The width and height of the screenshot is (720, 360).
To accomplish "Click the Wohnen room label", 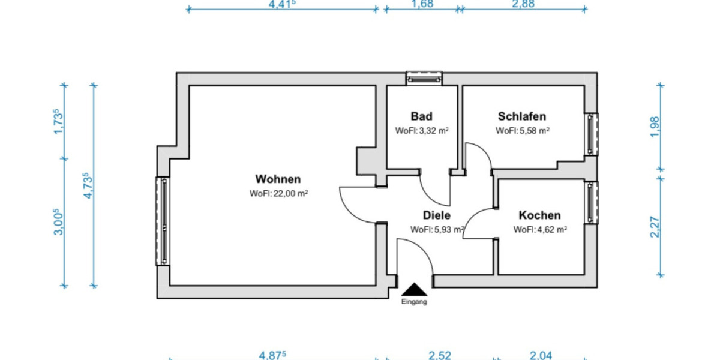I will coord(278,179).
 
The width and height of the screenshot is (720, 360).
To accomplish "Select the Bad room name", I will coord(421,116).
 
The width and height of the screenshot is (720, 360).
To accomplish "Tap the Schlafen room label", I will coord(522,116).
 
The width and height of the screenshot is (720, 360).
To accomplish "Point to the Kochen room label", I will coord(540,215).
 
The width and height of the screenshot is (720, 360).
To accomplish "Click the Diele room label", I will coord(437,215).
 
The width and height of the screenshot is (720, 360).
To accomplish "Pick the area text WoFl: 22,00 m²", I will coord(279,194).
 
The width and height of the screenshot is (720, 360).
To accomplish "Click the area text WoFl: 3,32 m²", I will coord(422,131).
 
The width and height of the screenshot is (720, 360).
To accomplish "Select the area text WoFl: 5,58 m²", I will coord(523,131).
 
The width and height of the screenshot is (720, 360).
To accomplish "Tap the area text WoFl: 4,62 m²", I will coord(541,229).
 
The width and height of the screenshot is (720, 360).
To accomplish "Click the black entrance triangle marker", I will coord(414,290).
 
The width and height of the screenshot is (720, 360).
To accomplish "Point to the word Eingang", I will coord(414,302).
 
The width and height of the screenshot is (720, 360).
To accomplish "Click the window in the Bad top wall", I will coord(424,77).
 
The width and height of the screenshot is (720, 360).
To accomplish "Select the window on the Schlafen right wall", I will coord(592,134).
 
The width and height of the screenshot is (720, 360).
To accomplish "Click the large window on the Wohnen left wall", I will coord(163,221).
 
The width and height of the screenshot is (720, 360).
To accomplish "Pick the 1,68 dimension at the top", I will coord(422,4).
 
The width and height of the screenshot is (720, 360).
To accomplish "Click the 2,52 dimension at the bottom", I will coord(439,355).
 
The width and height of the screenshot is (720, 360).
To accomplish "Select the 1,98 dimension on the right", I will coord(655,127).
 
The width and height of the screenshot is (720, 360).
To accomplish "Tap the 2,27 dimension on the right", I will coord(655,227).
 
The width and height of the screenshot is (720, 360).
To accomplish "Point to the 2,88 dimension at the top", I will coord(523,4).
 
